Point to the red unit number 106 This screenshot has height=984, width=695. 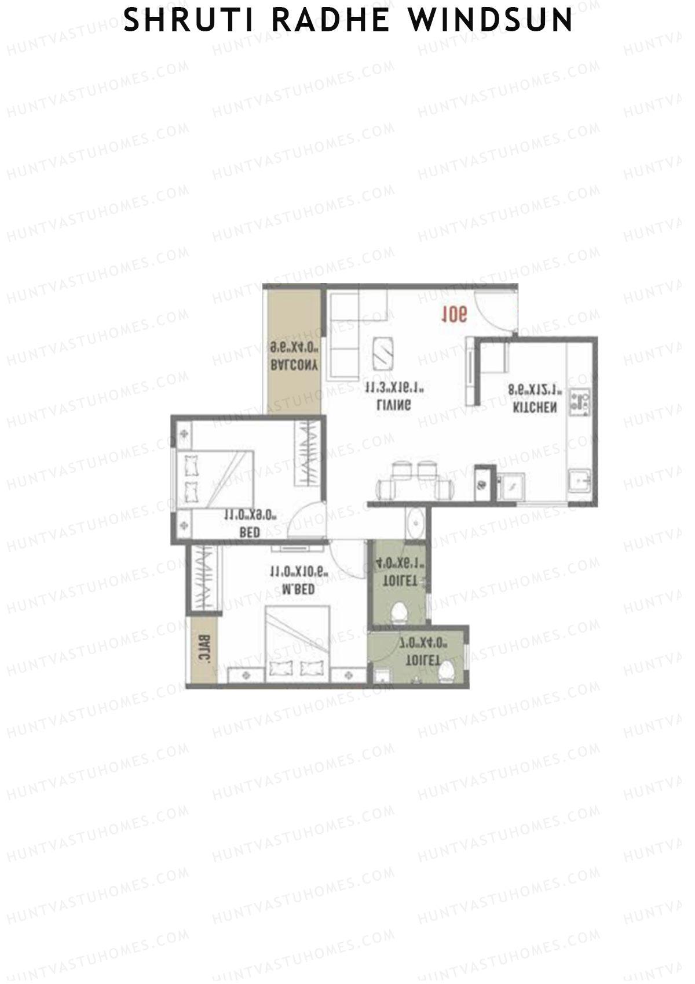[x=454, y=315]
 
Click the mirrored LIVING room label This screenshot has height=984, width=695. [x=394, y=405]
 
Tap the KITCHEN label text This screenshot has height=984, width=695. [x=535, y=408]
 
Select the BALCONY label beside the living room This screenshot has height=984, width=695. [x=294, y=366]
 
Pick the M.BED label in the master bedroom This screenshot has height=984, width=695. [x=298, y=589]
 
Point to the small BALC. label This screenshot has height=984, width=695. [x=206, y=650]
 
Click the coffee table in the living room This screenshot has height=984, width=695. [x=383, y=353]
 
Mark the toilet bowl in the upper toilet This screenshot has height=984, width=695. [x=398, y=612]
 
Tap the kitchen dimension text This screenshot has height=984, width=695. [x=535, y=390]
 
